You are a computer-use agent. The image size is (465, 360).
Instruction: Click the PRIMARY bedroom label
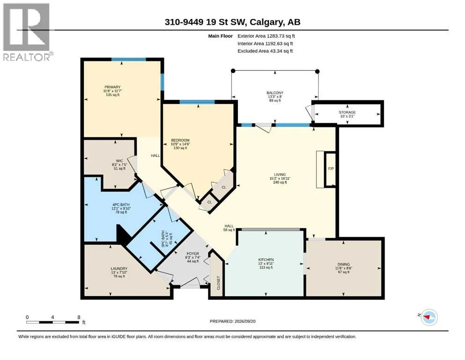click(x=112, y=87)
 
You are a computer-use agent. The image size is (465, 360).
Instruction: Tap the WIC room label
click(x=119, y=161)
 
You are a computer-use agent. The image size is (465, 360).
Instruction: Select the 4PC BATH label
click(x=121, y=205)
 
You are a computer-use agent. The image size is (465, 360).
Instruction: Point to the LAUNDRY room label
click(x=119, y=269)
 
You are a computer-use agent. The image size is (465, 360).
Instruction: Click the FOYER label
click(x=192, y=254)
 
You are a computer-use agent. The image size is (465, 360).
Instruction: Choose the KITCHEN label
click(x=266, y=260)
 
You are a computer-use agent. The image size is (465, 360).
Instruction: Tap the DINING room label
click(x=343, y=264)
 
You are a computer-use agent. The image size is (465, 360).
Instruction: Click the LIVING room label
click(x=280, y=174)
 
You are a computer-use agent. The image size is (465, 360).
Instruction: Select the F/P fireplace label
click(x=331, y=169)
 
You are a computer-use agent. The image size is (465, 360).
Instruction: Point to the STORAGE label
click(x=347, y=112)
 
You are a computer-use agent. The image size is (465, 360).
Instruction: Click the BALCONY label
click(x=275, y=93)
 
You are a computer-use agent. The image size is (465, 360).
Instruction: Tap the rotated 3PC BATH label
click(x=163, y=239)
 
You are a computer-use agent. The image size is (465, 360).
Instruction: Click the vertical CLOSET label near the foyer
click(x=219, y=283)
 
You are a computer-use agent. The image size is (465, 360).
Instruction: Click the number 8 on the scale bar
click(x=79, y=317)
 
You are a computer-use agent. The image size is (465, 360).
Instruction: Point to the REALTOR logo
click(x=27, y=32)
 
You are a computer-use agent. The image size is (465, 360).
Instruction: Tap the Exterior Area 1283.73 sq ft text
click(x=266, y=36)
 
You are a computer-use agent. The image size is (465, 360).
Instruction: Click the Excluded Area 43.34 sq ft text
click(x=265, y=51)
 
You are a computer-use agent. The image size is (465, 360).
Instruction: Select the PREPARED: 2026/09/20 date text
click(x=232, y=321)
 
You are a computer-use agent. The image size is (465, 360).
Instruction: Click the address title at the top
click(x=232, y=22)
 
